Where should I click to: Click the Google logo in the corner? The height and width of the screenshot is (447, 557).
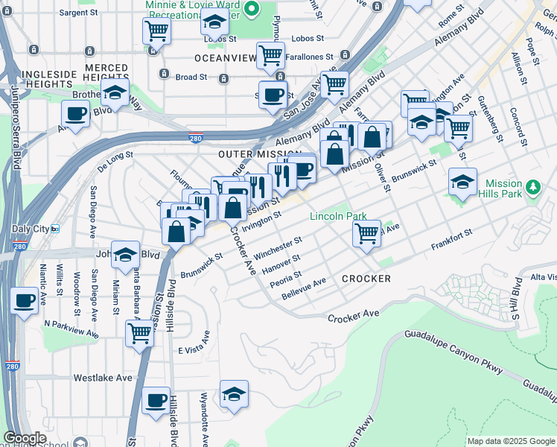pos(25,438)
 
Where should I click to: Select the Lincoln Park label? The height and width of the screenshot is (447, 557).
pos(338,217)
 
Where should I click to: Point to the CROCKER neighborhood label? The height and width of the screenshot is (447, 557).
pos(366,279)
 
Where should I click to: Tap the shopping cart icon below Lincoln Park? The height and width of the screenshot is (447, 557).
pos(366,232)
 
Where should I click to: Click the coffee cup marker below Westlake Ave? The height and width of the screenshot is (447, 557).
pos(155,400)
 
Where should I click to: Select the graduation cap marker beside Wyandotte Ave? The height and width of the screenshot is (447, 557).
pos(234,393)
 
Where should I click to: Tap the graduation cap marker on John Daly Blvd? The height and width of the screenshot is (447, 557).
pos(126,255)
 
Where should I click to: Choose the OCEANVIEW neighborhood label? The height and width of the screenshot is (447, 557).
pos(225,58)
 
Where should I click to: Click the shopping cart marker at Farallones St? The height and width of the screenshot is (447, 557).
pos(270,54)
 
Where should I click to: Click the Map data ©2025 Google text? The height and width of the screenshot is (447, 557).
pos(511,441)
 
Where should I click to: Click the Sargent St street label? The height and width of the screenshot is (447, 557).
pos(78,13)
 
